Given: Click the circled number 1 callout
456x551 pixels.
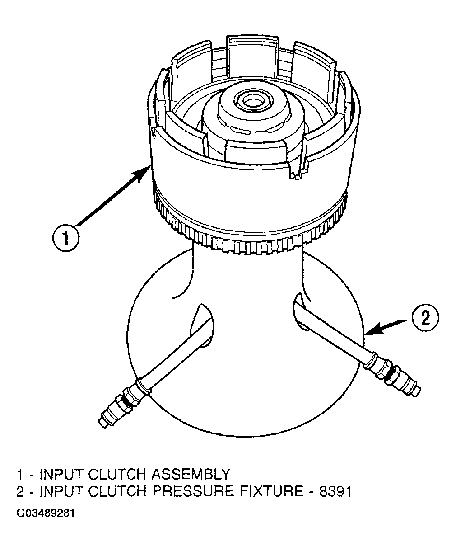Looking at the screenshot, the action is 65,238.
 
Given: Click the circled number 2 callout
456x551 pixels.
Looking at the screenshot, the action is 426,318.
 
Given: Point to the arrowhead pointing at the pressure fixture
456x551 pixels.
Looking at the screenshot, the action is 371,331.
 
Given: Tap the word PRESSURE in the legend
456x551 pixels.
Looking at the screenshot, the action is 193,492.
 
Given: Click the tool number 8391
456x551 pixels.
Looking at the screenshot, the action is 335,492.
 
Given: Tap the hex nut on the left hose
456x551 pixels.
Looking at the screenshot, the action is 129,400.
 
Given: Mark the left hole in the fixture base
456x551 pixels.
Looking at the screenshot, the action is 202,325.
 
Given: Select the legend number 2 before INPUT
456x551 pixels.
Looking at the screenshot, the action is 20,492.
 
